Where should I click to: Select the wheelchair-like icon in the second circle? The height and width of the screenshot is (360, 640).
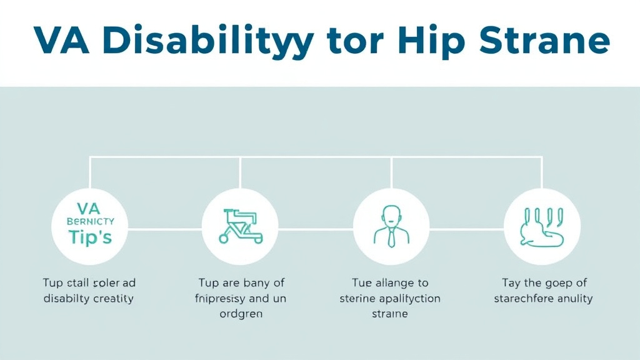pos(241,226)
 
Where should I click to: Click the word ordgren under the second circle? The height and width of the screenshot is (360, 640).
pos(241,314)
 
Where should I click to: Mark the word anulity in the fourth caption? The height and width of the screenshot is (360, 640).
pos(572,299)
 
